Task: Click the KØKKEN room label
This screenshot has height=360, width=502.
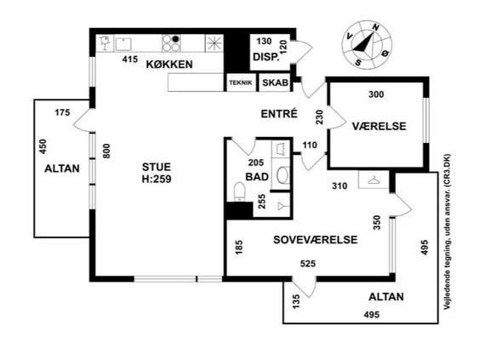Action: (x=169, y=65)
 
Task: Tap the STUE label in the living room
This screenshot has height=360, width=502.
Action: (x=157, y=167)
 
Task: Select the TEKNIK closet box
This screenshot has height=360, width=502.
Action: (x=241, y=83)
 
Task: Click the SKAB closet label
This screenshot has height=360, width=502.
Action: (x=275, y=83)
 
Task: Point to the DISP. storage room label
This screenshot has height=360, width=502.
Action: (x=266, y=57)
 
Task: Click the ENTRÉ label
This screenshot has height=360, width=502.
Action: (x=279, y=114)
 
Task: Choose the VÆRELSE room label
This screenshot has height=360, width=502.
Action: (x=379, y=126)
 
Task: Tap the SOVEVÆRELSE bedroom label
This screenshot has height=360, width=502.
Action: (x=316, y=240)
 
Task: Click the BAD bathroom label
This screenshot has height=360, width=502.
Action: (x=257, y=177)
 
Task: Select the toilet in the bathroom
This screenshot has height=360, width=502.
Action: (x=239, y=191)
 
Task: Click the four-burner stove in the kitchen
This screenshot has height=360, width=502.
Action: (x=171, y=43)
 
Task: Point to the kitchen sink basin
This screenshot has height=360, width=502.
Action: (x=123, y=44)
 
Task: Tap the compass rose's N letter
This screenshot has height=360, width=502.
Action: (x=376, y=28)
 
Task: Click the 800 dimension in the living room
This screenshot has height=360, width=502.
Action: (x=106, y=151)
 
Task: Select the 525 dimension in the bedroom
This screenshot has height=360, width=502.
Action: (x=308, y=264)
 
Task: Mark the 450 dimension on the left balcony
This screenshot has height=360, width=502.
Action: (x=43, y=146)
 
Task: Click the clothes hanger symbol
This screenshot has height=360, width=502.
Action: (x=374, y=180)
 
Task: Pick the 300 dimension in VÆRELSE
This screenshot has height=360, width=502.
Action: (x=376, y=94)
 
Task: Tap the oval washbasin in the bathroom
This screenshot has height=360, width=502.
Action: (x=282, y=175)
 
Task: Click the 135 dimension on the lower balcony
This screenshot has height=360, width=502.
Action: (x=296, y=301)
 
